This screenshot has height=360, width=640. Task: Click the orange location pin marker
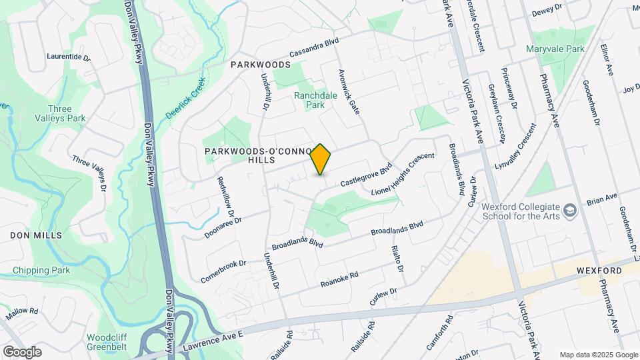321,159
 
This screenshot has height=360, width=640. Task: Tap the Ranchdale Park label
309,100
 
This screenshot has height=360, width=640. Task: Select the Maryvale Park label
555,49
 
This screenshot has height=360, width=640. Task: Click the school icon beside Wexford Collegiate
569,211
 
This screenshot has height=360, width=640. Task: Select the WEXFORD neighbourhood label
599,271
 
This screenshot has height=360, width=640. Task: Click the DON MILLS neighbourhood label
36,235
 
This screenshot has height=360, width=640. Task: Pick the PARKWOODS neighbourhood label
261,65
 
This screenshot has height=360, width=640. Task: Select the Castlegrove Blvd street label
365,175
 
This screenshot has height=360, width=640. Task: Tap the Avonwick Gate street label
349,91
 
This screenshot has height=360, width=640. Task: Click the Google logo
22,352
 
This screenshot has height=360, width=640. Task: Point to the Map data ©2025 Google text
599,355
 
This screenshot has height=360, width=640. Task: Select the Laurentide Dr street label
68,57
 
